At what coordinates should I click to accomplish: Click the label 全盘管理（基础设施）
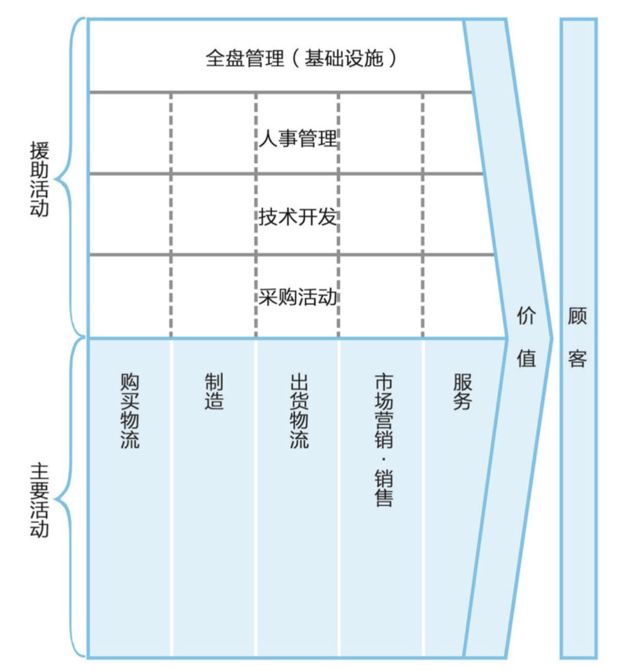pyautogui.click(x=302, y=58)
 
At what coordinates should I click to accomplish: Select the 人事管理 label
pyautogui.click(x=298, y=137)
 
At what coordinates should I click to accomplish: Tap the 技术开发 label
pyautogui.click(x=298, y=216)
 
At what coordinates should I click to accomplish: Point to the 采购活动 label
pyautogui.click(x=298, y=297)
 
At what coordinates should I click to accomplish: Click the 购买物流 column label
pyautogui.click(x=130, y=411)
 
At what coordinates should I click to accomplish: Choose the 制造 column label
pyautogui.click(x=214, y=392)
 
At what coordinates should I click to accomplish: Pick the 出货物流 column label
pyautogui.click(x=299, y=411)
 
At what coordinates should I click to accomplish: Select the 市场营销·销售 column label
pyautogui.click(x=383, y=439)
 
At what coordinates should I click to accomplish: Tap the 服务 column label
pyautogui.click(x=463, y=392)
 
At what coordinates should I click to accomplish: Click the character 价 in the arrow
pyautogui.click(x=527, y=315)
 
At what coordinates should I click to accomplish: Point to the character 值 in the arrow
pyautogui.click(x=527, y=358)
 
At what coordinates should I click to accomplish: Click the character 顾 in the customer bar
pyautogui.click(x=578, y=315)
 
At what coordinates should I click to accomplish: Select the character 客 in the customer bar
pyautogui.click(x=578, y=358)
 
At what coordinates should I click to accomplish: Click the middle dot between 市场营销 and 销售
pyautogui.click(x=383, y=459)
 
